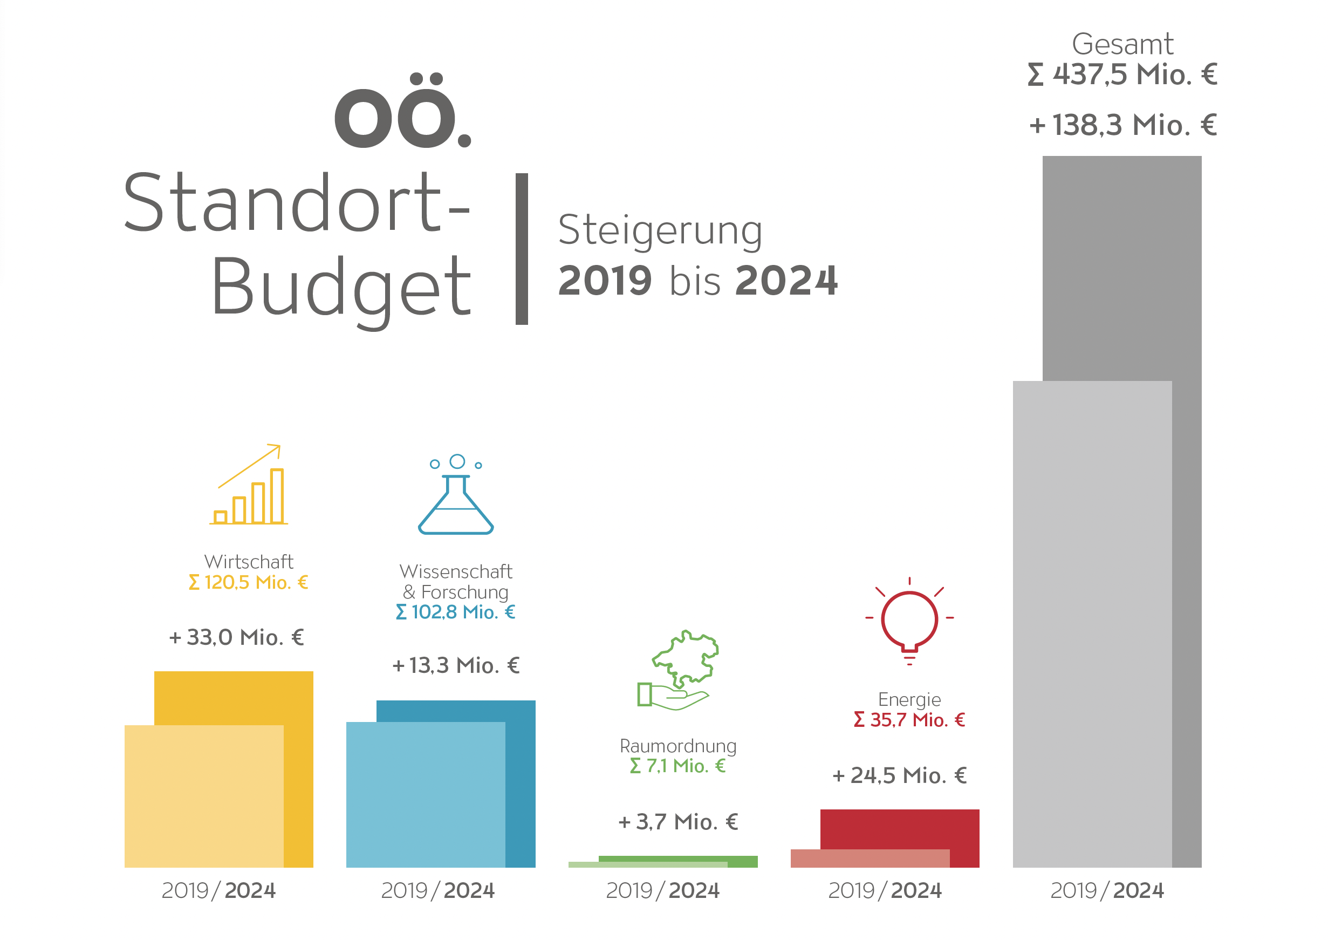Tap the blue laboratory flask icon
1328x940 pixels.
456,495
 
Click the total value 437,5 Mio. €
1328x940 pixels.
1122,74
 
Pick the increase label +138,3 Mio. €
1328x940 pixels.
1122,125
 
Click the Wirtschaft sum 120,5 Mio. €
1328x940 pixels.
248,582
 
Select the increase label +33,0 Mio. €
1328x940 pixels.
236,637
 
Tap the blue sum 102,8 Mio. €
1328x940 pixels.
455,612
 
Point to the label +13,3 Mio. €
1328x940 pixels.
455,666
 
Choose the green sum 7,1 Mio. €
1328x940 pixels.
677,766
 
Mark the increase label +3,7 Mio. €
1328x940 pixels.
677,822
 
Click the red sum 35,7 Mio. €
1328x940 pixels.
909,720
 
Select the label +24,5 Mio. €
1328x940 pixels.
899,775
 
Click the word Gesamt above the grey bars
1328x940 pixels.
1122,45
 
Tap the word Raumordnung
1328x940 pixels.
678,746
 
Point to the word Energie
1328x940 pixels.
909,699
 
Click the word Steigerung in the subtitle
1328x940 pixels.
660,230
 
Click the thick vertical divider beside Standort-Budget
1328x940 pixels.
522,249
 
